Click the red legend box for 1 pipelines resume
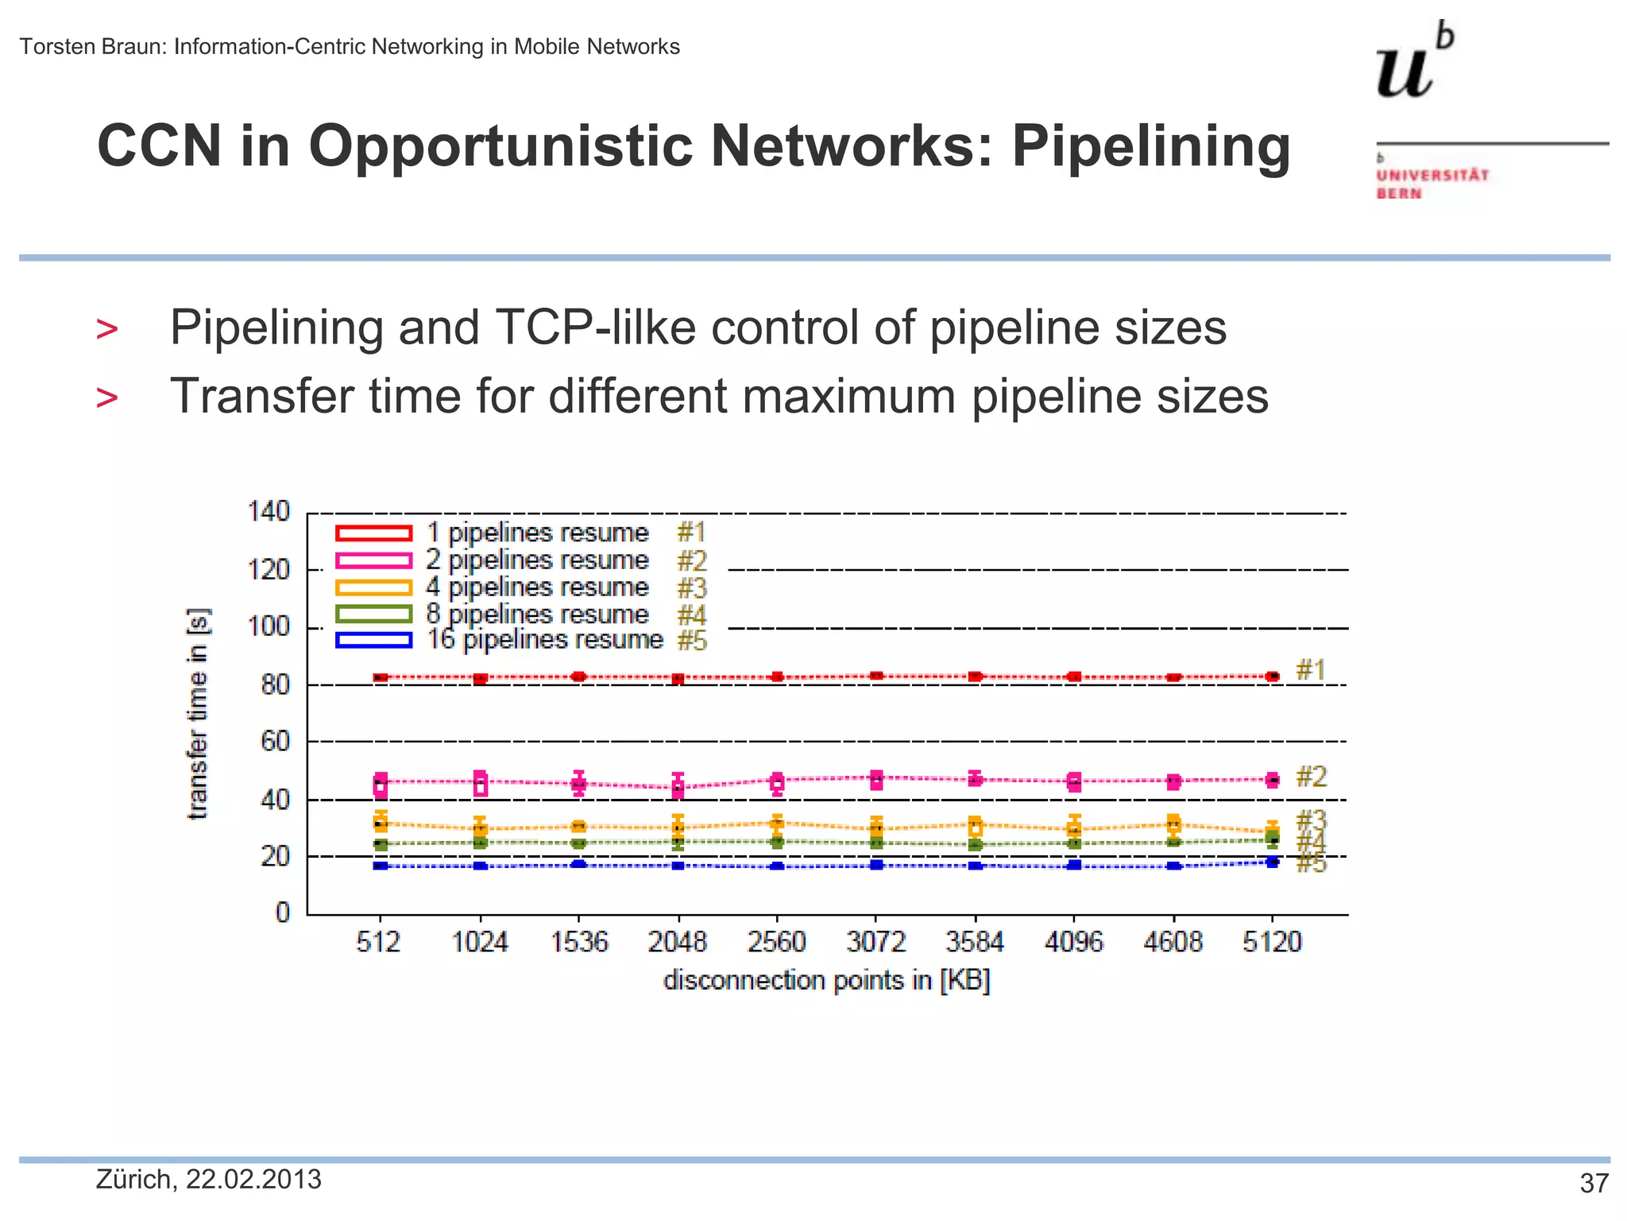click(373, 533)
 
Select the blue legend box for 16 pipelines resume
click(373, 640)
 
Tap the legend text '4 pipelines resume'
click(537, 587)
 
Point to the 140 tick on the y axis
click(269, 511)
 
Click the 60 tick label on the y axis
click(275, 742)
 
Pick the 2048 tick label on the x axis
click(677, 942)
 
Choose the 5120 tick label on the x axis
click(1272, 942)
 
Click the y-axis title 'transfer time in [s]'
click(197, 713)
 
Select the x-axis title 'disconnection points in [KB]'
click(826, 980)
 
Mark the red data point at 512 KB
click(381, 677)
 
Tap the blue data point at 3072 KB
click(876, 865)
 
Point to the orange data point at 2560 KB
click(777, 823)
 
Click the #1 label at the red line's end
click(1311, 670)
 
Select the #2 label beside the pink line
click(1311, 777)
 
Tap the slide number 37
click(1594, 1184)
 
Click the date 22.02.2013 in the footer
click(253, 1180)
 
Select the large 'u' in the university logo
click(1404, 73)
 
